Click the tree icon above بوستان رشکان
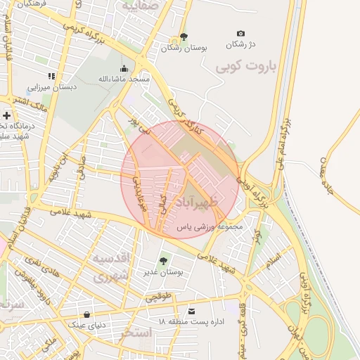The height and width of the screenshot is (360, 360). point(184,37)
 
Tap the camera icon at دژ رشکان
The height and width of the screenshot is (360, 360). point(241,33)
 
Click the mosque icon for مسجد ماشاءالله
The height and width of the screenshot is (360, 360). point(124,68)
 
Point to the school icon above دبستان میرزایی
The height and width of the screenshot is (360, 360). point(51,76)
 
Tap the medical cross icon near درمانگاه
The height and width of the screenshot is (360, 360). point(7,115)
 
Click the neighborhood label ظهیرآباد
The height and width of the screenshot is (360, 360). point(219,202)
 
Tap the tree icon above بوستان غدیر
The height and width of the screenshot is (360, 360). point(164,261)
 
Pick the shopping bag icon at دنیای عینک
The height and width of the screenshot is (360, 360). point(86,314)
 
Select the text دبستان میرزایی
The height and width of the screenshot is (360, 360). point(51,89)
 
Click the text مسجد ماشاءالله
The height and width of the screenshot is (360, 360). point(124,79)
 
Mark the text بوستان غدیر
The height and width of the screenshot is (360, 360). point(164,272)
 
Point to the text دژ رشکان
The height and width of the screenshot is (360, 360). point(241,45)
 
